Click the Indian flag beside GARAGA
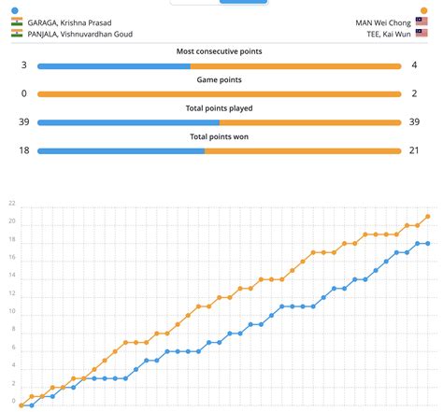point(17,21)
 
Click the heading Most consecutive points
point(220,51)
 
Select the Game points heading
point(220,80)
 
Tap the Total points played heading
point(220,108)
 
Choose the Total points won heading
point(220,136)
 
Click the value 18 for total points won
point(23,150)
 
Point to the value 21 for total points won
point(416,150)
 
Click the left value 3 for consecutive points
point(23,65)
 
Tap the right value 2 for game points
point(416,93)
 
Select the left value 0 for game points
point(23,93)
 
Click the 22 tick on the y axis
point(12,204)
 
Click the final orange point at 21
point(427,217)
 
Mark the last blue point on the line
point(427,243)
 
